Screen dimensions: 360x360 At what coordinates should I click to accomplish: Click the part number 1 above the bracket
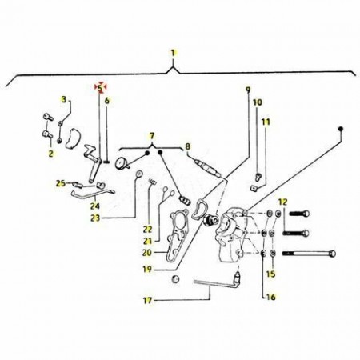[x=174, y=53]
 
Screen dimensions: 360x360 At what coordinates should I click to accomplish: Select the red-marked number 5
[x=100, y=87]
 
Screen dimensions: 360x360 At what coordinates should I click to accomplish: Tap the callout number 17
[x=147, y=301]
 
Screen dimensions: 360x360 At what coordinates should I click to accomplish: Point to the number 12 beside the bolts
[x=283, y=202]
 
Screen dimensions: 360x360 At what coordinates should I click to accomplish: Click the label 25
[x=61, y=183]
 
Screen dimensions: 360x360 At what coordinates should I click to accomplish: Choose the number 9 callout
[x=248, y=90]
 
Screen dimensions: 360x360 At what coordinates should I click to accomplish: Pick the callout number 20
[x=147, y=252]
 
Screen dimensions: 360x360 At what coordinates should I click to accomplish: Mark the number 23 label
[x=95, y=218]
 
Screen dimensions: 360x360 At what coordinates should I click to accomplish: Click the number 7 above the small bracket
[x=152, y=136]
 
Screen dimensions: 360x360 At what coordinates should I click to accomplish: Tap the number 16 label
[x=271, y=297]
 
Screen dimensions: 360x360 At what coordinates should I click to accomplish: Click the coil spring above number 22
[x=152, y=182]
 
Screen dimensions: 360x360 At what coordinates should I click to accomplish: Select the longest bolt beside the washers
[x=309, y=254]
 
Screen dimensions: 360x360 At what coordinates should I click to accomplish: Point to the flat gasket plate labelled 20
[x=178, y=234]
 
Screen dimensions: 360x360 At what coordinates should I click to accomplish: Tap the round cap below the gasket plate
[x=175, y=279]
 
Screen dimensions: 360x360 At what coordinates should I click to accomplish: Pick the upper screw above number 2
[x=48, y=117]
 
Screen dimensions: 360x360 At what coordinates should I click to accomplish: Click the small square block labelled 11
[x=253, y=188]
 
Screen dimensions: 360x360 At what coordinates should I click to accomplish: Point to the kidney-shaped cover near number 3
[x=72, y=138]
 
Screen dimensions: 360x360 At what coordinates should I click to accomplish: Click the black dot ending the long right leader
[x=341, y=129]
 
